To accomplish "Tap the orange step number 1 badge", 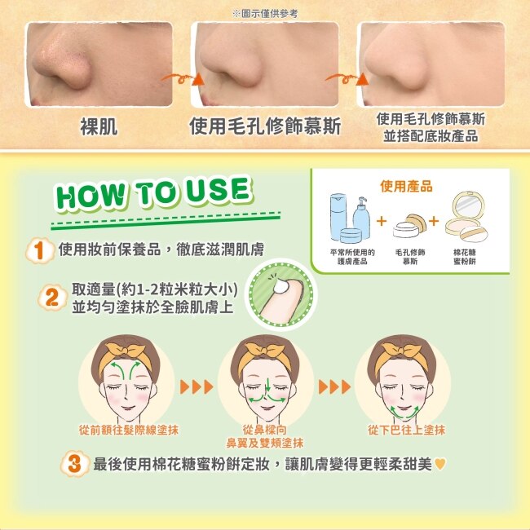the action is tap(40, 250).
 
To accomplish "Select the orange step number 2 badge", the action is tap(52, 298).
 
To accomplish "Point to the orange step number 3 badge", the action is tap(74, 464).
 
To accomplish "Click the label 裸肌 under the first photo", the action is tap(99, 126).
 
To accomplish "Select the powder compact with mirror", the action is tap(467, 217).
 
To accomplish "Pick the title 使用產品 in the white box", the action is tap(406, 186).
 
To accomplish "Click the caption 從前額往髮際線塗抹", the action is tap(129, 430).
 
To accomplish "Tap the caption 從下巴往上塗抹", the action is tap(406, 430).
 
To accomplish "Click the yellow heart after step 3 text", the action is tap(440, 463).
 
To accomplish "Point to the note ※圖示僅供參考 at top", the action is tap(265, 14).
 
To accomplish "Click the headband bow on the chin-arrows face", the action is tap(401, 350).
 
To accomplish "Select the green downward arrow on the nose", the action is tap(267, 385).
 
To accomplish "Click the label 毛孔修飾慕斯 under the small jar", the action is tap(409, 257).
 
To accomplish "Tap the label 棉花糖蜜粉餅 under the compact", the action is tap(465, 257).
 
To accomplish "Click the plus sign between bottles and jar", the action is tap(382, 221).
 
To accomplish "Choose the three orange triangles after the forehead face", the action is tap(197, 386).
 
